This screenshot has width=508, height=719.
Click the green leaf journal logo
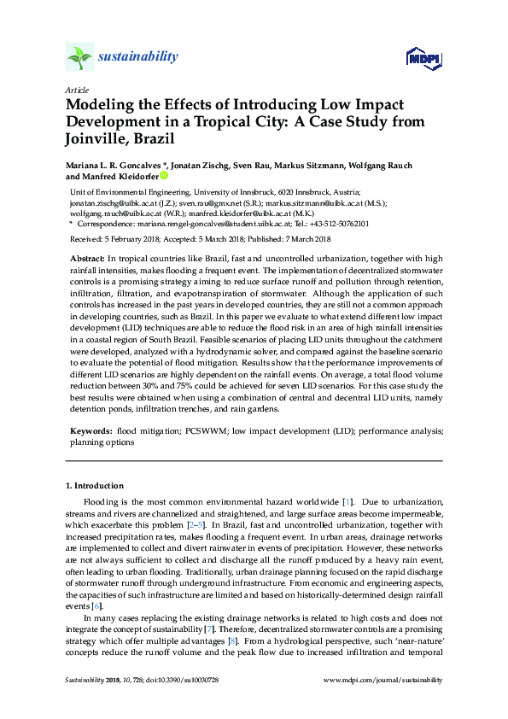pyautogui.click(x=79, y=58)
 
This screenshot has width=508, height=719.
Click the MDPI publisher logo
pyautogui.click(x=419, y=58)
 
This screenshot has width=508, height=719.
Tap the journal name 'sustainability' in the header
pyautogui.click(x=139, y=57)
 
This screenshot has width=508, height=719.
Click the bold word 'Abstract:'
pyautogui.click(x=87, y=259)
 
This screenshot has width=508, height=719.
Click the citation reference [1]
pyautogui.click(x=347, y=499)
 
